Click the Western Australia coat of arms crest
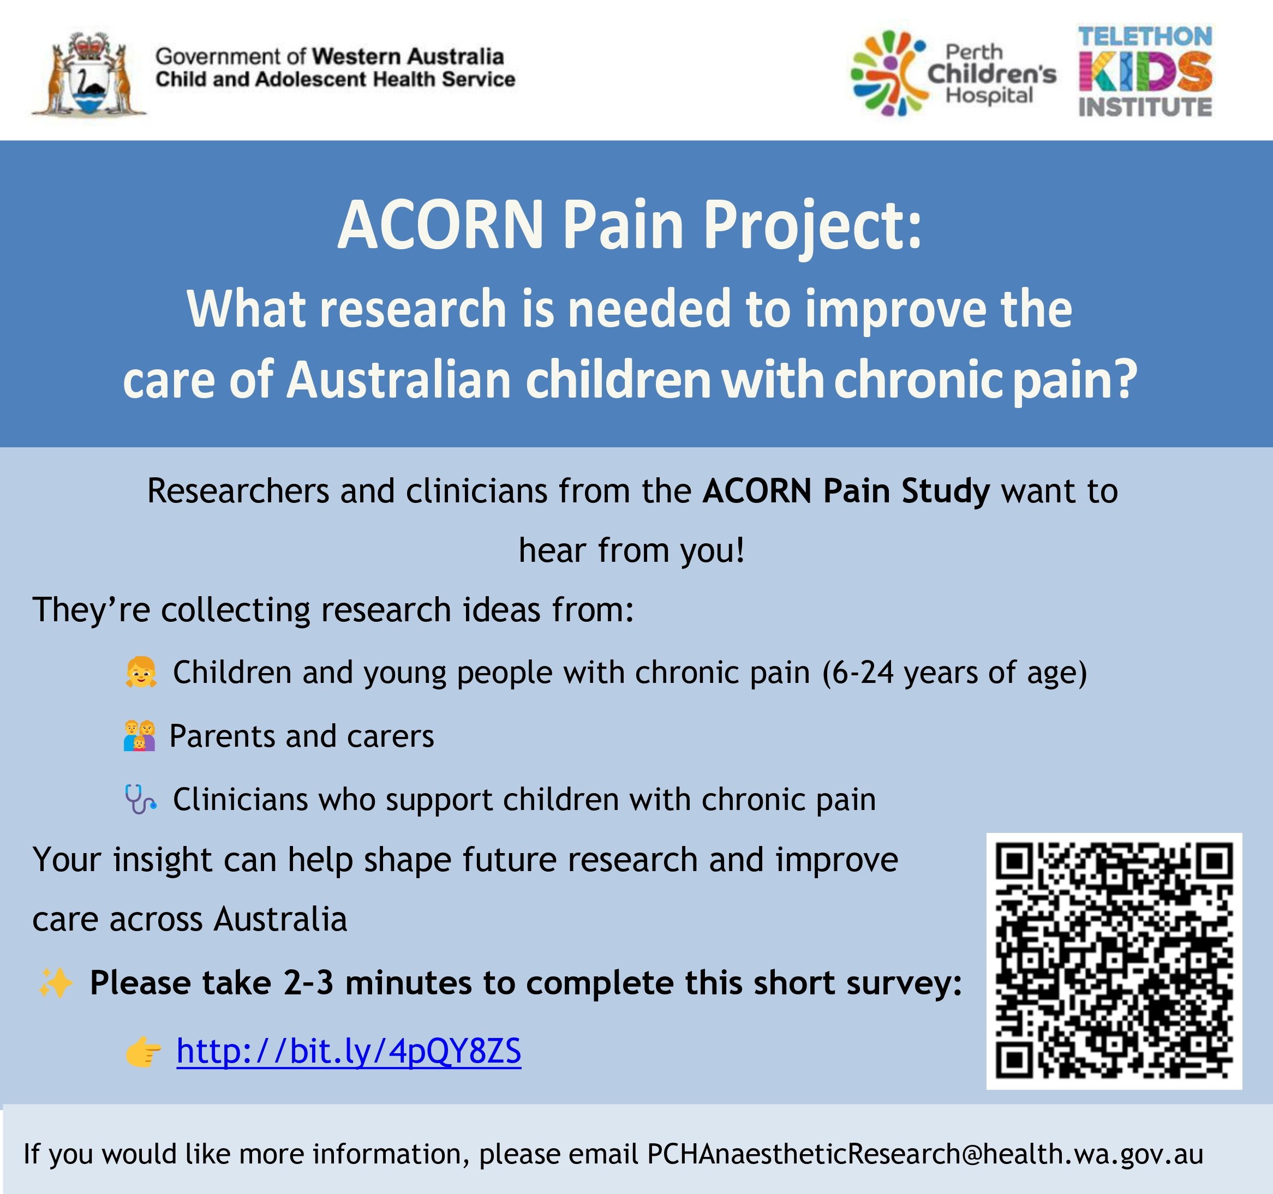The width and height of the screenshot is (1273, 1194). pyautogui.click(x=89, y=74)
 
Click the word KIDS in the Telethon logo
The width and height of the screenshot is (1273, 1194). pyautogui.click(x=1145, y=71)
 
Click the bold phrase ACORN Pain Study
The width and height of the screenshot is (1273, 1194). pyautogui.click(x=846, y=491)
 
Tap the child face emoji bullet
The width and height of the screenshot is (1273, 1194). pyautogui.click(x=141, y=671)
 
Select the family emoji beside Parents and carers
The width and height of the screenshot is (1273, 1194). pyautogui.click(x=140, y=736)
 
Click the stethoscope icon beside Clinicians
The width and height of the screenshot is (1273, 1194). pyautogui.click(x=140, y=800)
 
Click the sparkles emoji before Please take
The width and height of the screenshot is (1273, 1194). pyautogui.click(x=55, y=983)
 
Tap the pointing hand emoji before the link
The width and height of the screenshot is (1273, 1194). pyautogui.click(x=144, y=1052)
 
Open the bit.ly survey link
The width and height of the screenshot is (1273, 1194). pyautogui.click(x=349, y=1052)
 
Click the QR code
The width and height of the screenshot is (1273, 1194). pyautogui.click(x=1114, y=961)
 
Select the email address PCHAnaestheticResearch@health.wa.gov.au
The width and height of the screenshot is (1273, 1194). pyautogui.click(x=925, y=1154)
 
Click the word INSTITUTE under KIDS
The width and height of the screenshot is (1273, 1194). pyautogui.click(x=1145, y=107)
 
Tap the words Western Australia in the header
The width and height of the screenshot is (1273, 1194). pyautogui.click(x=408, y=56)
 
